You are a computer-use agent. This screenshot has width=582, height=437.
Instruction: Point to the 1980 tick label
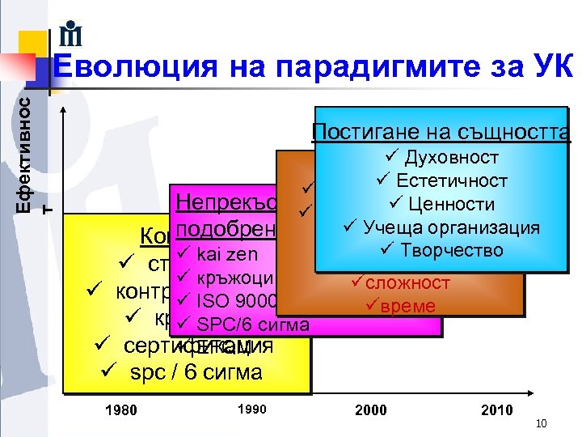(121, 409)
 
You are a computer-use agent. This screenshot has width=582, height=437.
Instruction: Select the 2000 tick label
(371, 409)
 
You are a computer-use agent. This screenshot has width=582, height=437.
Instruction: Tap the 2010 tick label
(496, 409)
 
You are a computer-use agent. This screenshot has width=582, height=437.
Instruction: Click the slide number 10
(542, 423)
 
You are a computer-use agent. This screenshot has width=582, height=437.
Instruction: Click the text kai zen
(226, 255)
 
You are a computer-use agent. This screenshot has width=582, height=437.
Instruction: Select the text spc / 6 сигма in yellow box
(189, 372)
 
